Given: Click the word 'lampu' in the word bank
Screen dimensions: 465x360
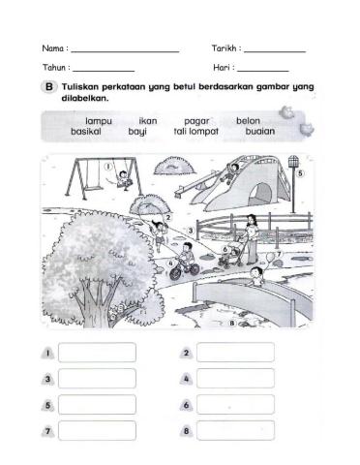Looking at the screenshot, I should [x=100, y=120].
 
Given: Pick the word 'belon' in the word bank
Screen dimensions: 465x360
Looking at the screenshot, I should [x=248, y=120].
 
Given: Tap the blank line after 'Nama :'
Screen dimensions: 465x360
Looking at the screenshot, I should [x=125, y=50].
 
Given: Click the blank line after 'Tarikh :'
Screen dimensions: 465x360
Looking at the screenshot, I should [x=275, y=50].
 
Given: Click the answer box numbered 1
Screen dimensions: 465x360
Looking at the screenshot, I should [x=97, y=353].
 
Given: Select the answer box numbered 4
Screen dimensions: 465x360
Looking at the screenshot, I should [x=234, y=379].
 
